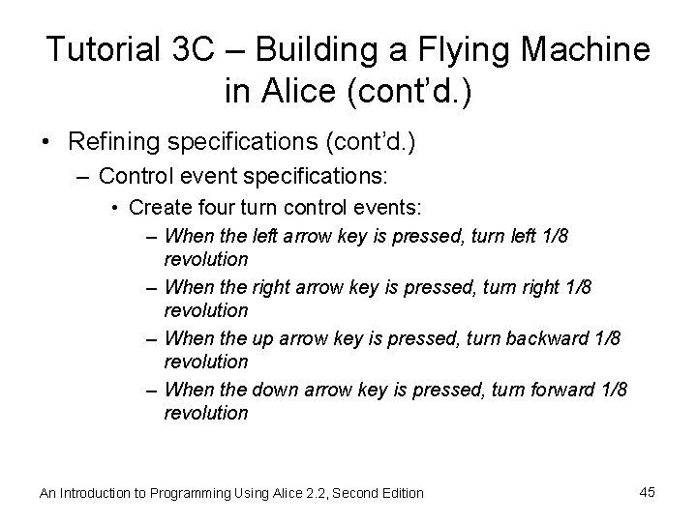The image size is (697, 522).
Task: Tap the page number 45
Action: tap(648, 492)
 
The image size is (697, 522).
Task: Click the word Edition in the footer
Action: tap(400, 493)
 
